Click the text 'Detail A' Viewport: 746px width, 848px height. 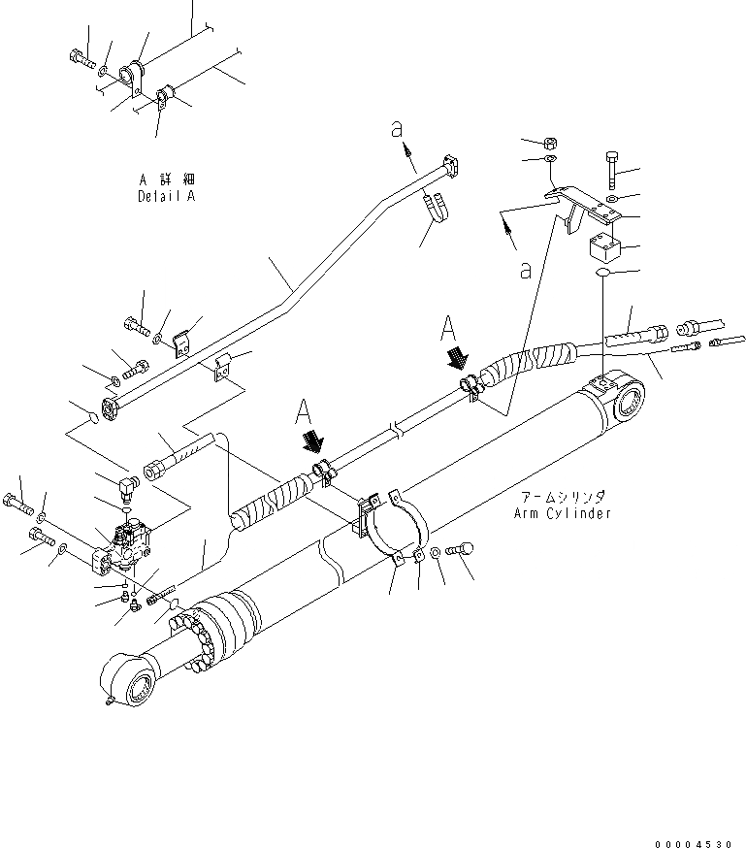(x=166, y=196)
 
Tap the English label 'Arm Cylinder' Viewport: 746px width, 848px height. (x=562, y=513)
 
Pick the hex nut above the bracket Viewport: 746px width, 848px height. (x=549, y=141)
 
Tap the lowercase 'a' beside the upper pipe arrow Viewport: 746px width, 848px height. (x=397, y=126)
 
